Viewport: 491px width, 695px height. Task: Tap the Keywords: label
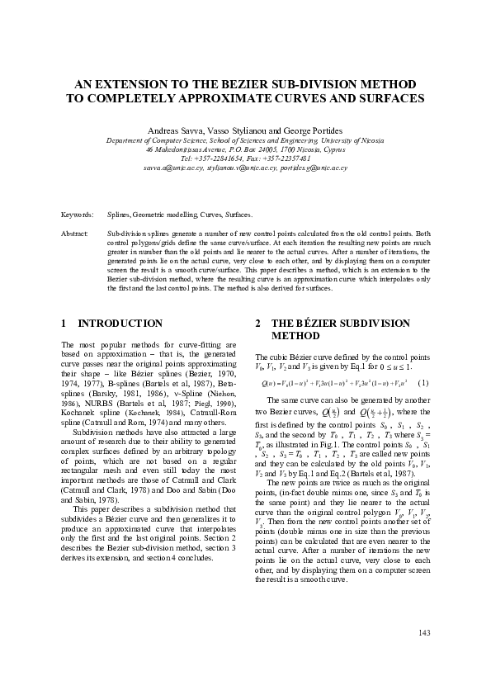point(77,214)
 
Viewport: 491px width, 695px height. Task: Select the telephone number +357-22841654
point(232,158)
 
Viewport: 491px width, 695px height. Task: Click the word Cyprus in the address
point(334,149)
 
